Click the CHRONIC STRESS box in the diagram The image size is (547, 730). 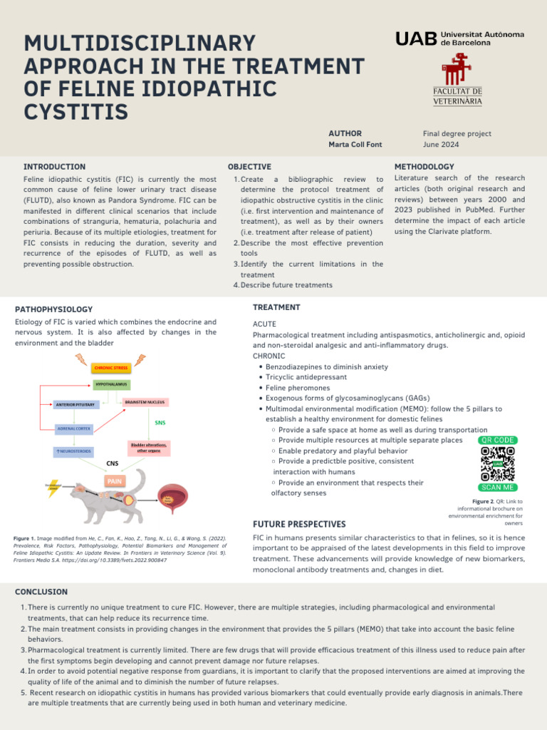pyautogui.click(x=111, y=367)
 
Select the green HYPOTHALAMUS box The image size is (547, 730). pyautogui.click(x=112, y=384)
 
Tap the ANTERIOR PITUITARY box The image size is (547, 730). pyautogui.click(x=75, y=405)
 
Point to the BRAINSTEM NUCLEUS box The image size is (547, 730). pyautogui.click(x=146, y=402)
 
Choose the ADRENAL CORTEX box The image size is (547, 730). pyautogui.click(x=75, y=429)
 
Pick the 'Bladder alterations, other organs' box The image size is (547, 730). pyautogui.click(x=150, y=448)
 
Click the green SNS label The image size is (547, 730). pyautogui.click(x=160, y=423)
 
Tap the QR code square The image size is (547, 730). pyautogui.click(x=497, y=464)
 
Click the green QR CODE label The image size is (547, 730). pyautogui.click(x=497, y=441)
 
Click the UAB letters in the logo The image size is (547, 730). pyautogui.click(x=416, y=39)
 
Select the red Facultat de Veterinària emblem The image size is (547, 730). pyautogui.click(x=457, y=70)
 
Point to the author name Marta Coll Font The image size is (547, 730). pyautogui.click(x=355, y=145)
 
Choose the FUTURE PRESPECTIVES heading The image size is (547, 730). pyautogui.click(x=299, y=525)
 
